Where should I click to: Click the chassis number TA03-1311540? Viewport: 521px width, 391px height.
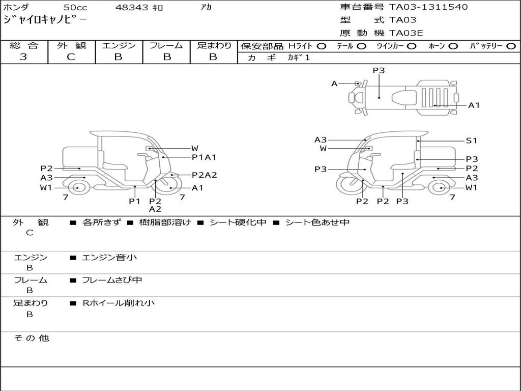428,7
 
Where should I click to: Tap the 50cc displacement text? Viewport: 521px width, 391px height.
75,8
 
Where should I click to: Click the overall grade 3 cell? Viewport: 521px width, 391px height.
24,57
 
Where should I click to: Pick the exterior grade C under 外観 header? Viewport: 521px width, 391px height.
71,57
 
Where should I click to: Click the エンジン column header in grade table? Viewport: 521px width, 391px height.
119,46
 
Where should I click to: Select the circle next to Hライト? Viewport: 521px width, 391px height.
321,46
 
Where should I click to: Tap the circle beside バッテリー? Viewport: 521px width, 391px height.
511,46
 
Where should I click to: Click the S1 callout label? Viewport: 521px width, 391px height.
472,141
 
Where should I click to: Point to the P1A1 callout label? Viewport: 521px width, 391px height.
204,157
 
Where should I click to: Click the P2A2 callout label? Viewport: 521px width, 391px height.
204,175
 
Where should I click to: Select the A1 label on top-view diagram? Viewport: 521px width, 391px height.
474,105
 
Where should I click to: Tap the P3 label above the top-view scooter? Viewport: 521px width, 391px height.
379,71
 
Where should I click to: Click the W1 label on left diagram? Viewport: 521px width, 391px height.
46,188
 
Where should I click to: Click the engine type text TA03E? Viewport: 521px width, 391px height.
406,33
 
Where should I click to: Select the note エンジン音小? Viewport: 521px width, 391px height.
109,258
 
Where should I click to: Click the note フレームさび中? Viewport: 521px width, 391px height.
112,280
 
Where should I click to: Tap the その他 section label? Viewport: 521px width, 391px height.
31,338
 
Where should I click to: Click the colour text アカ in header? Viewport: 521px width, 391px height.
206,8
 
